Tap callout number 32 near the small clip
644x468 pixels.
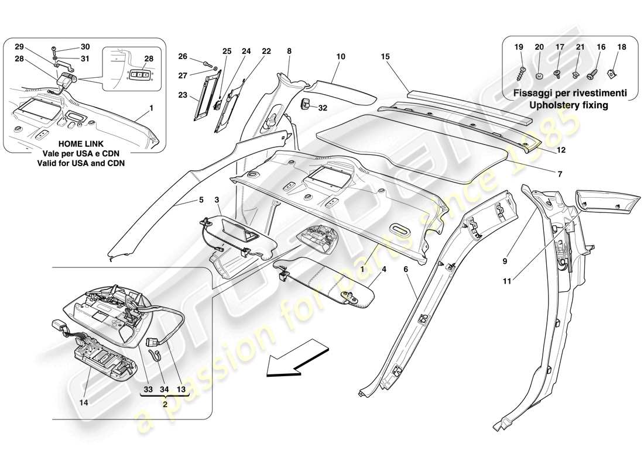pos(322,108)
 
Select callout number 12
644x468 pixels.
pos(560,150)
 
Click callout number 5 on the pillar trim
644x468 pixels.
pos(201,200)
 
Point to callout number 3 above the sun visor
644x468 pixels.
pos(217,200)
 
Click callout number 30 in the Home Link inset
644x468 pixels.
pos(85,47)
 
